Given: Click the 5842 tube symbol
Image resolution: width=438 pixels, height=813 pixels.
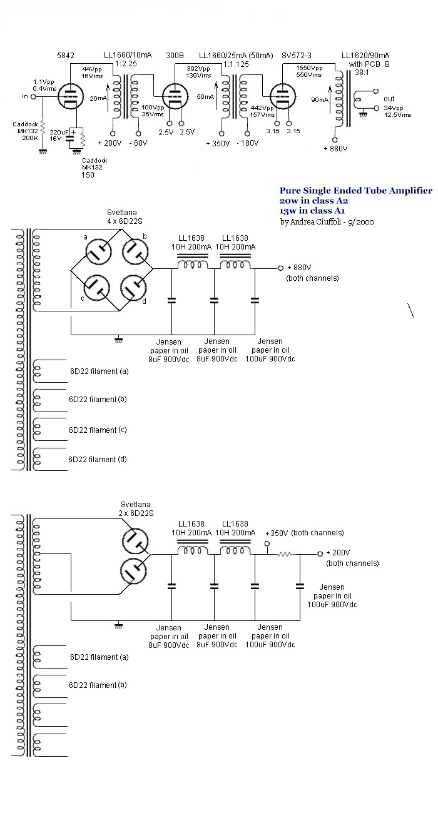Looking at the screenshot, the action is tap(71, 96).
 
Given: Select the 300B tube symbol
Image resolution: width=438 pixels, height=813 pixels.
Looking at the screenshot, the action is tap(175, 96).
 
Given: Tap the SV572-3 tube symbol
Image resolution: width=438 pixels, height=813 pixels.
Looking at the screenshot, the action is tap(282, 96).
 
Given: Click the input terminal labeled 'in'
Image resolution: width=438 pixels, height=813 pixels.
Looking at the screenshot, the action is tap(33, 96).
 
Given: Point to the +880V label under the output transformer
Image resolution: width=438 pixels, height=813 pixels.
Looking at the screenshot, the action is tap(335, 148).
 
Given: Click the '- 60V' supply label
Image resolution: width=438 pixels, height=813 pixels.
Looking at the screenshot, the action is tap(138, 143).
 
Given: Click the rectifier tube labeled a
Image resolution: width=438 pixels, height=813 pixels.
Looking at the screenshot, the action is tap(98, 251).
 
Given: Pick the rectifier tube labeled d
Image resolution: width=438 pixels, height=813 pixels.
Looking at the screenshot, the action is tap(134, 288).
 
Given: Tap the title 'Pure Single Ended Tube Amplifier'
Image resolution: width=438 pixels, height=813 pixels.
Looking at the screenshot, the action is tap(356, 191).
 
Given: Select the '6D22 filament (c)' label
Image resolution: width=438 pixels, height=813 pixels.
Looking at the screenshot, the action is tap(98, 430).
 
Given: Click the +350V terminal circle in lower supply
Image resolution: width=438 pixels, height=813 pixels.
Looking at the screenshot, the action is tap(267, 543).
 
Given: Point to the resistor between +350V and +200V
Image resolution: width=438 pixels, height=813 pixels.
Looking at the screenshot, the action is tap(284, 554).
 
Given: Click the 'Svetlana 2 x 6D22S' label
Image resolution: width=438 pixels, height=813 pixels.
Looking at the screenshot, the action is tap(136, 509).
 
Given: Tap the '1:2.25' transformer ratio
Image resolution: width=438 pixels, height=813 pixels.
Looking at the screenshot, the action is tap(126, 64).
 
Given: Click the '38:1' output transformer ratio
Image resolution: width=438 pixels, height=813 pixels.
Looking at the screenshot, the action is tap(362, 73).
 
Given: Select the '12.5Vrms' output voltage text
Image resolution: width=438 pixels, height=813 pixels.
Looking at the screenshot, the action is tap(398, 115).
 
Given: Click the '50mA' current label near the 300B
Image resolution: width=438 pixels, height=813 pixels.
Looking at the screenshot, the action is tap(205, 96).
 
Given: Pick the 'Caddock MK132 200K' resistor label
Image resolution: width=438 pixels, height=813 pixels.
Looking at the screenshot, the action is tap(26, 131).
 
